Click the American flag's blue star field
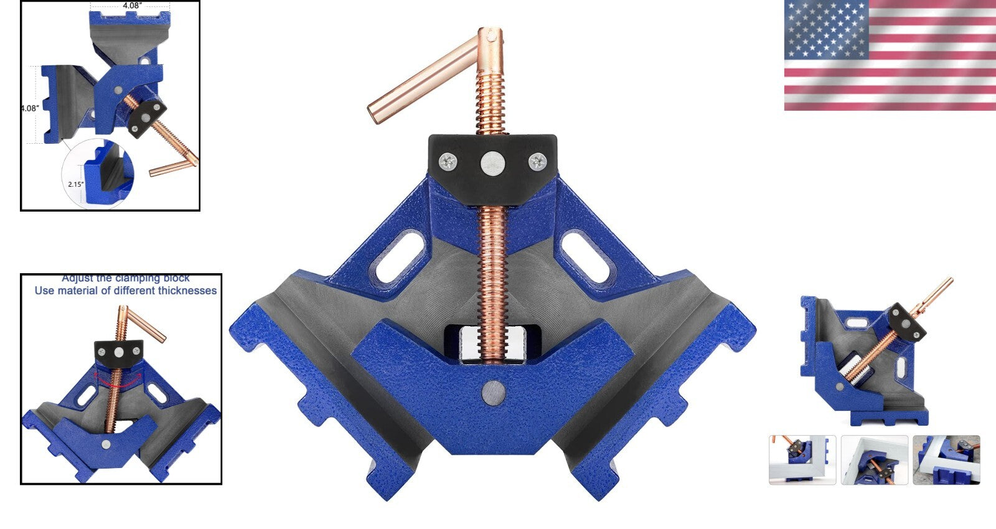coord(827,29)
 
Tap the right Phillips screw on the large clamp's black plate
coord(537,162)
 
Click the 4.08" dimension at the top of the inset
coord(132,5)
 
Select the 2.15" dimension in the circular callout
coord(76,184)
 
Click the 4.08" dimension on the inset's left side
coord(29,108)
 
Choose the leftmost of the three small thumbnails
coord(802,459)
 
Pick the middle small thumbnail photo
coord(874,459)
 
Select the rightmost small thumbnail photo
coord(946,459)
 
